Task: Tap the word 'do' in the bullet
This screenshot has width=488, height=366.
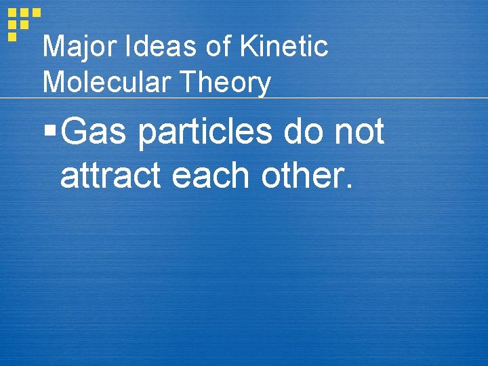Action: click(x=306, y=131)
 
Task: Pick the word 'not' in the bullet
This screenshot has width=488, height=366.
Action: click(x=361, y=132)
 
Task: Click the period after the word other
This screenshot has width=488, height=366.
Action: click(x=348, y=187)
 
